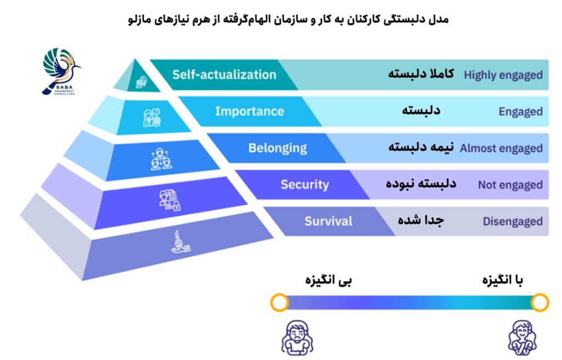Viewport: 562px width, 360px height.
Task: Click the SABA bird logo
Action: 61,71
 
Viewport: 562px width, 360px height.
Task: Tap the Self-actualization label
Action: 224,75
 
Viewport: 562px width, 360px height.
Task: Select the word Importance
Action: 250,111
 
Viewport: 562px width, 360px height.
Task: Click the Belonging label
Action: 277,148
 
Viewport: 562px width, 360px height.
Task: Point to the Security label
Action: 305,184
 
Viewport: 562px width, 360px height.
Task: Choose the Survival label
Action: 328,221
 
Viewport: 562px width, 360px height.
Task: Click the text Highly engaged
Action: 503,75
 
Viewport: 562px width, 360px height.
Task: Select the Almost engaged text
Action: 501,148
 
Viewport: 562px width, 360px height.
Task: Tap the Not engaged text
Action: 510,184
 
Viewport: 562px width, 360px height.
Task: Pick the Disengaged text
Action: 513,221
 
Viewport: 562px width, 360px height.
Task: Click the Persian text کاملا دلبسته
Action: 421,74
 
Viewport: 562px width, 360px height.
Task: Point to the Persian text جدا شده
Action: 421,220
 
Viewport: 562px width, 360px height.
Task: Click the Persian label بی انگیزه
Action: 328,280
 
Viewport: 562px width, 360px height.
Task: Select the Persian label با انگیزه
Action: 503,280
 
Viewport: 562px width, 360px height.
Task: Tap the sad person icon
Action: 297,337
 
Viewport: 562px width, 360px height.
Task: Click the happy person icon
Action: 522,337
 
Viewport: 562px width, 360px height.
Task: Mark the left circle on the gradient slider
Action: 279,302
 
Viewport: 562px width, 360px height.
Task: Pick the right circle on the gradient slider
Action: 540,302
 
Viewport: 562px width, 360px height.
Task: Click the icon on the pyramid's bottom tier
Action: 180,243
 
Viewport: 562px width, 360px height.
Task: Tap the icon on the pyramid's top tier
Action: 141,82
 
